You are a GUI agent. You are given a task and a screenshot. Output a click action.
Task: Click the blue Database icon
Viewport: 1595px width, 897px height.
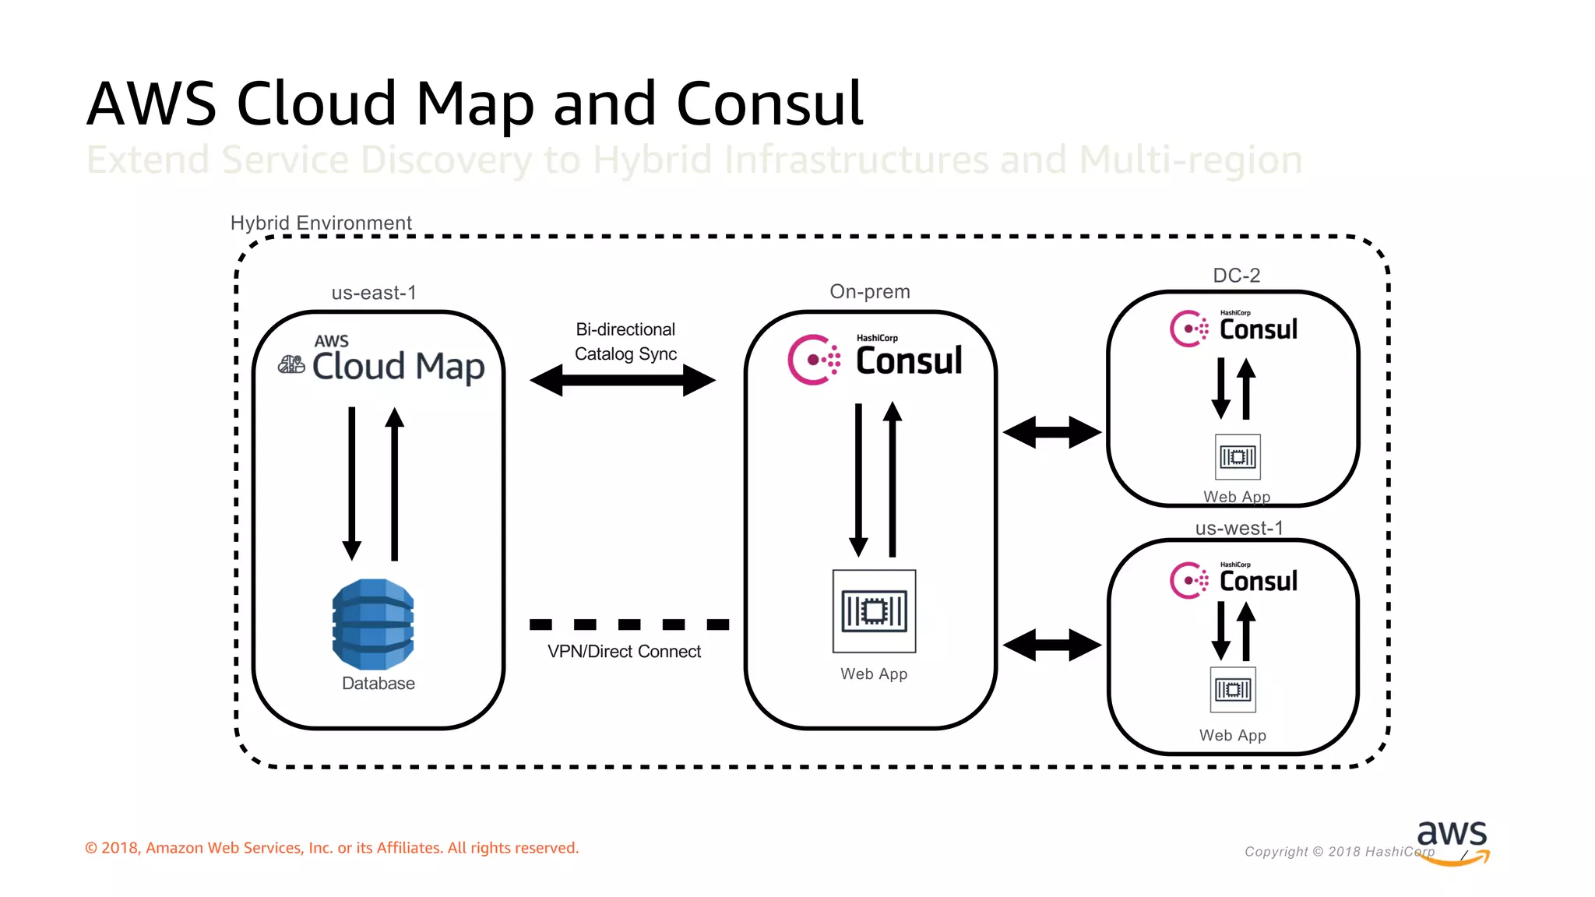pos(373,624)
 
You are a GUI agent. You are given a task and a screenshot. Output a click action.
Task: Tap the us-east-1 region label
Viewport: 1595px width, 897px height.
pos(374,293)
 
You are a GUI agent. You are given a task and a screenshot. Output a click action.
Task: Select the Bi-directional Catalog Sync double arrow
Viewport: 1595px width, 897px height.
pos(623,381)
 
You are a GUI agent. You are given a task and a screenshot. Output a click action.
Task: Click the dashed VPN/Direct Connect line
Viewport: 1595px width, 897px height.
pos(629,624)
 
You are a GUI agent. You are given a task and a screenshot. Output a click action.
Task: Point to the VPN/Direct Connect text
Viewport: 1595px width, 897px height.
pos(624,652)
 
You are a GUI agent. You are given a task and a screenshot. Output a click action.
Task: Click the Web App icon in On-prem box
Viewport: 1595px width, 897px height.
pos(874,611)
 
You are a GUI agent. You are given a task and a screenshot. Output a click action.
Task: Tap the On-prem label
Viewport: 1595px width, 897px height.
pos(870,291)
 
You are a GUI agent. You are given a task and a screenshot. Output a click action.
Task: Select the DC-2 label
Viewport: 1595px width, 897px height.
pos(1236,276)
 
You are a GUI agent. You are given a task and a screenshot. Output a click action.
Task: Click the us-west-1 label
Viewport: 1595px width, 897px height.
pos(1238,528)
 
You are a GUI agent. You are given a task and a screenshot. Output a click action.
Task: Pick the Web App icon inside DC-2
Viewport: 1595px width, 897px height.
pos(1238,457)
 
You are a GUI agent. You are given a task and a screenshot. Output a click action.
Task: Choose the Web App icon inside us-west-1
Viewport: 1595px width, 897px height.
pos(1233,690)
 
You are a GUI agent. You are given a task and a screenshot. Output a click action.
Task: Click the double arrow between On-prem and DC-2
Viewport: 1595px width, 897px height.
pos(1052,432)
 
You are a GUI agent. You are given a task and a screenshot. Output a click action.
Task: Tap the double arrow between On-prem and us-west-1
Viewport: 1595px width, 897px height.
pos(1052,645)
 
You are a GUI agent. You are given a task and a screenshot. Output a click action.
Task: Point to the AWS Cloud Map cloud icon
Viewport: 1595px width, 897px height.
pos(291,364)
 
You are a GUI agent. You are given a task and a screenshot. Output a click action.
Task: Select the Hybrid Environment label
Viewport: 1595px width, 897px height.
pos(321,223)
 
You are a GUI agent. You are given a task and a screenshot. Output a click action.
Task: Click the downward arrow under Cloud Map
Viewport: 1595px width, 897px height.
pos(352,483)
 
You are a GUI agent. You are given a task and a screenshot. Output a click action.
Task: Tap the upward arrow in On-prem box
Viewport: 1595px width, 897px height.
pos(893,479)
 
